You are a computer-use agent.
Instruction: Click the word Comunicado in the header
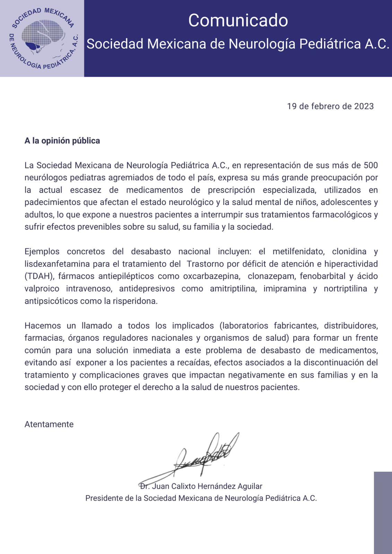238,20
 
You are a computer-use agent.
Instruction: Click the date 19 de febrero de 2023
330,106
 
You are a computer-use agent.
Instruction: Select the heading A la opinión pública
62,141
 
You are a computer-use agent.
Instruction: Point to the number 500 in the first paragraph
371,165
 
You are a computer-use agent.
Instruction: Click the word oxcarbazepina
211,276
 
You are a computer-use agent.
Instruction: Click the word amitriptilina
233,289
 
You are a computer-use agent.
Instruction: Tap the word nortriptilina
345,289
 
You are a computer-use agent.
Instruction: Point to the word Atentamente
49,425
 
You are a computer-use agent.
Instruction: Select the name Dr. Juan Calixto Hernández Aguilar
201,486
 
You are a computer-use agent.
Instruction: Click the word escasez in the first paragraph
86,190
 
